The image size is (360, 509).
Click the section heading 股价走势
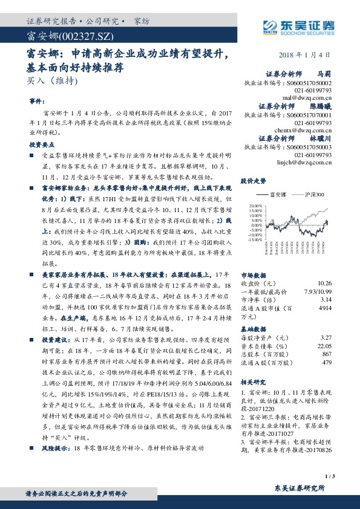point(253,181)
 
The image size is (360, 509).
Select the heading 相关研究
point(253,382)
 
